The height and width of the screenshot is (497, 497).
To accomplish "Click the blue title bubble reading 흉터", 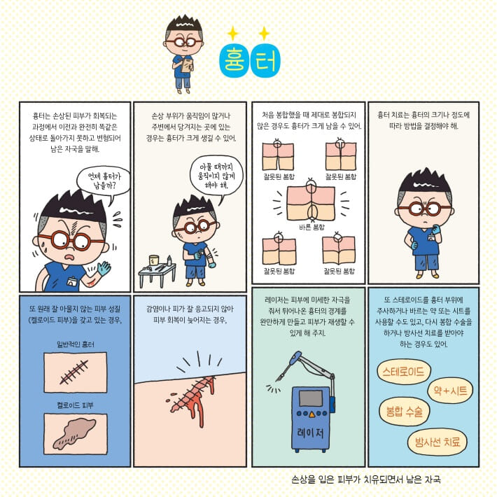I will click(x=248, y=60).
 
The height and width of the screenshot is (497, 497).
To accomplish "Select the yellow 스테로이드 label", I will click(x=404, y=372).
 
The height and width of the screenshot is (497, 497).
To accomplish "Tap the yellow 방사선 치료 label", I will click(x=437, y=441).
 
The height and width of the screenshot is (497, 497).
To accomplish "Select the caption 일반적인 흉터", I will click(x=75, y=344).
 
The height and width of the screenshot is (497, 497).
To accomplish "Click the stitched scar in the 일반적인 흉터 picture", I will click(x=74, y=372).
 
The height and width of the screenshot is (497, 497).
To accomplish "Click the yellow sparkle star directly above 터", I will click(x=264, y=33).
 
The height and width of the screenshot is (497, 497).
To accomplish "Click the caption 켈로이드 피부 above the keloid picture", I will click(x=75, y=405).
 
